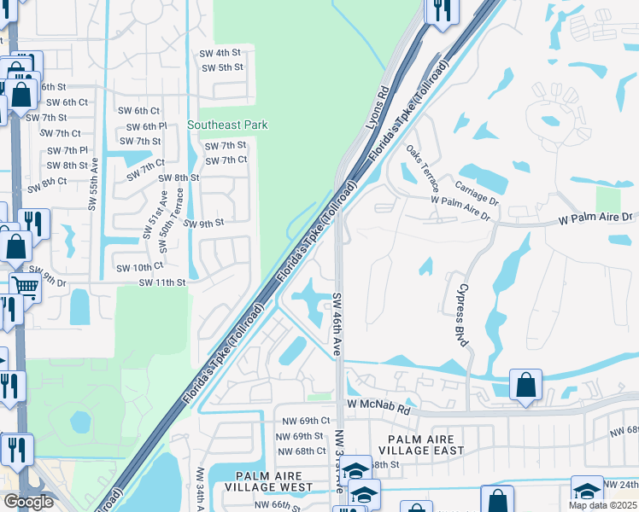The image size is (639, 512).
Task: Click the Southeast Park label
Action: [227, 125]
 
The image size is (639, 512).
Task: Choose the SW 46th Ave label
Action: [337, 324]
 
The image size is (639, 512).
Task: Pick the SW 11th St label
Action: [161, 282]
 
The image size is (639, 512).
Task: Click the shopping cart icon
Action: [25, 287]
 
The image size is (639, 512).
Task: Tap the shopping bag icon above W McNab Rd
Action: [526, 385]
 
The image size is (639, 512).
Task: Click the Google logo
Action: [28, 502]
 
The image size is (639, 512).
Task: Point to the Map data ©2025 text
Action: [602, 505]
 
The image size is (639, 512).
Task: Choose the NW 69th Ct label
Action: [303, 421]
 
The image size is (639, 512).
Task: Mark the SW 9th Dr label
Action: [43, 279]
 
